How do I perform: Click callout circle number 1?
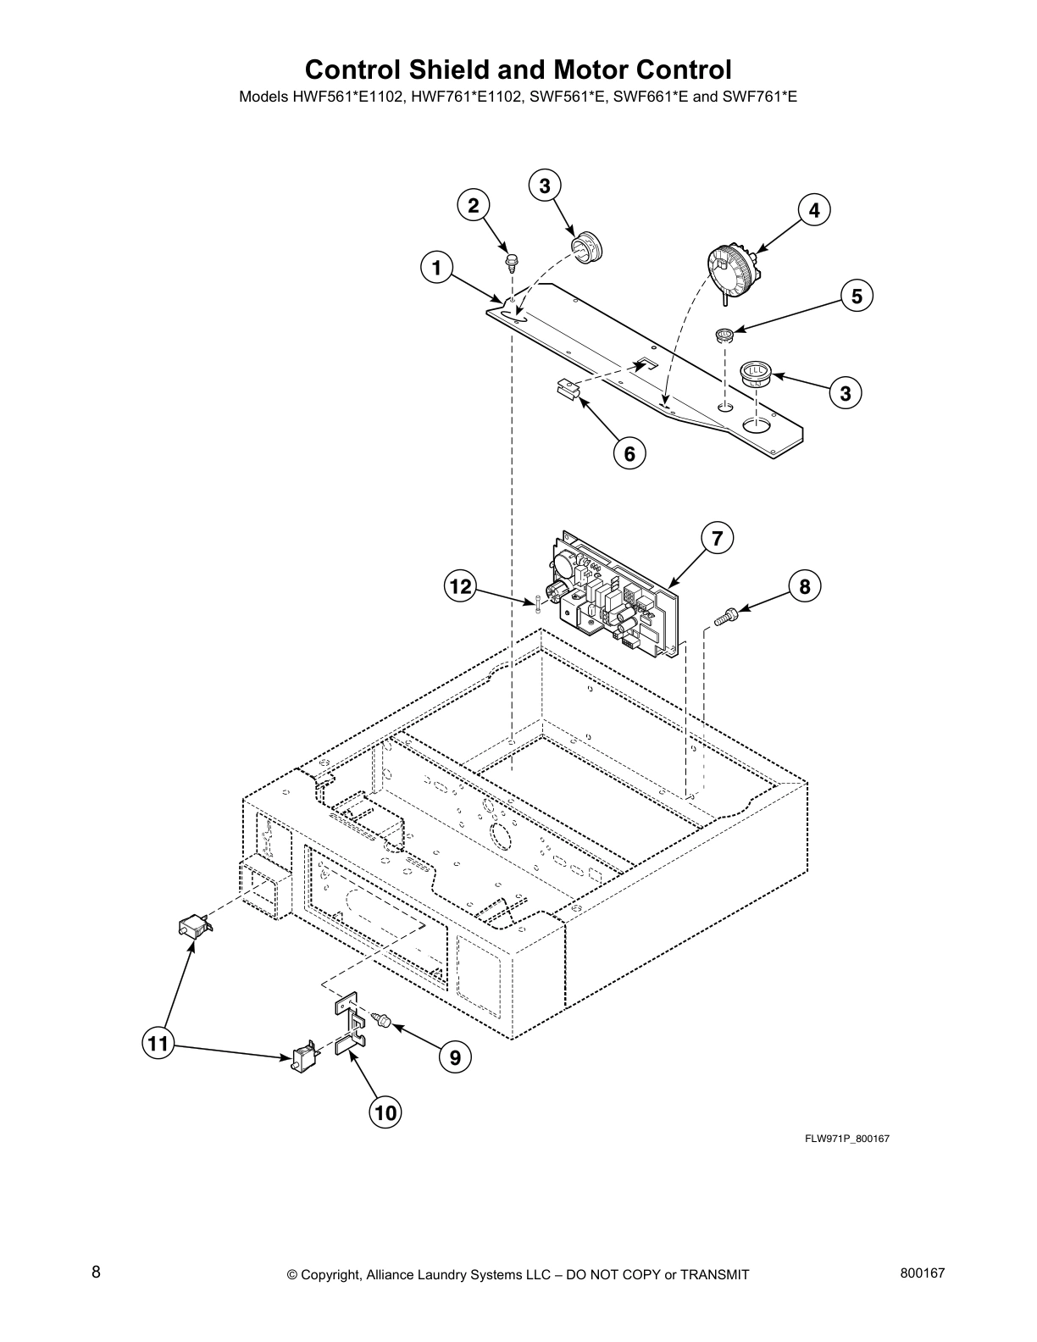point(435,269)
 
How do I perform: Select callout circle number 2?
point(474,205)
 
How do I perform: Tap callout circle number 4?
point(814,210)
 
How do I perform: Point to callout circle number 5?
point(857,296)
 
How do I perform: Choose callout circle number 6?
point(629,453)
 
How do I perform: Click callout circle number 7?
point(717,538)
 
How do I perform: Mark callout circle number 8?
point(804,585)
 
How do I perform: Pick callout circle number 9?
point(455,1057)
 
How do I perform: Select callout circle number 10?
point(385,1112)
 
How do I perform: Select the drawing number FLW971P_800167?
point(846,1138)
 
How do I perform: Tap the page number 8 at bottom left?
point(97,1272)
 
